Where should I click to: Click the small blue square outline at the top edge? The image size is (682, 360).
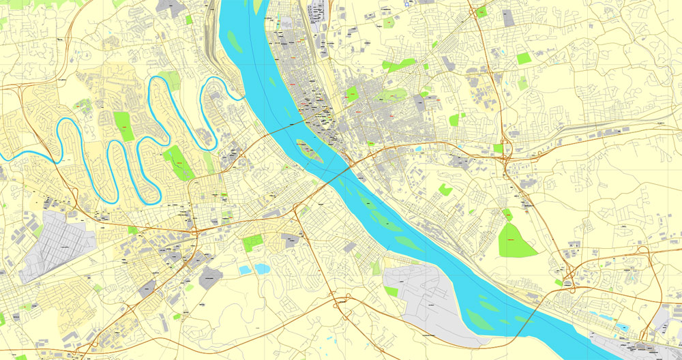[x=408, y=3]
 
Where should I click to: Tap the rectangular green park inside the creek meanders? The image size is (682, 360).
[x=123, y=126]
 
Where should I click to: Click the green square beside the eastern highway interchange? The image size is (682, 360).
[x=498, y=148]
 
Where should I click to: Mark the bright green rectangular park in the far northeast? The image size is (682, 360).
[x=523, y=59]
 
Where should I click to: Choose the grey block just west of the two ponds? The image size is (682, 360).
[x=211, y=277]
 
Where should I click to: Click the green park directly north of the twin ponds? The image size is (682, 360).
[x=252, y=242]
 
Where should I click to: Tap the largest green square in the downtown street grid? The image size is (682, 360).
[x=352, y=93]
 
